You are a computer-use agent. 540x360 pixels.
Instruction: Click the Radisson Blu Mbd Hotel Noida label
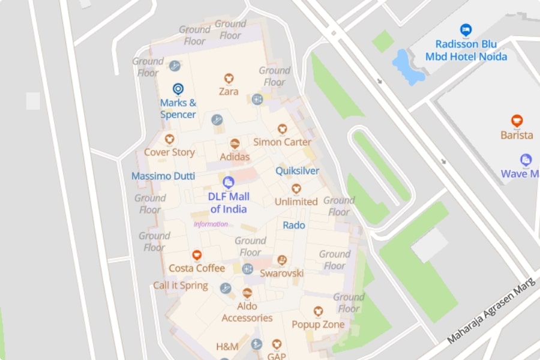coord(466,50)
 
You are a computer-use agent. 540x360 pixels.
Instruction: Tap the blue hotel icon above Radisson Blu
coord(465,29)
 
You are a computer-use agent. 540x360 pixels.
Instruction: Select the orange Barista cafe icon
coord(517,121)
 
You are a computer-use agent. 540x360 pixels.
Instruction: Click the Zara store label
coord(228,92)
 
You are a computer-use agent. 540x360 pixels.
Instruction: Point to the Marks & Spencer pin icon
coord(178,89)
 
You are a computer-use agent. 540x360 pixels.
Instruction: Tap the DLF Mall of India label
coord(229,202)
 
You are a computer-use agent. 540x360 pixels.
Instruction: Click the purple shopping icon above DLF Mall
coord(228,182)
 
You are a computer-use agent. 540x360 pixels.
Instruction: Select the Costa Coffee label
coord(197,268)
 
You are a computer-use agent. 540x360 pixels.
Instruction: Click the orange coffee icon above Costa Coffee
coord(197,255)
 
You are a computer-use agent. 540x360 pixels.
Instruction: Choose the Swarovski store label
coord(281,273)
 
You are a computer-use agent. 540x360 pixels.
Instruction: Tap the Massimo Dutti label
coord(163,176)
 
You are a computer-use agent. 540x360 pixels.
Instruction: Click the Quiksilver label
coord(297,171)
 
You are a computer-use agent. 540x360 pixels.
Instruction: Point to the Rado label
coord(294,226)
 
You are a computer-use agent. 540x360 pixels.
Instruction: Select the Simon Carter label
coord(282,142)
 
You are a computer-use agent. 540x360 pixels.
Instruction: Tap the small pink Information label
coord(211,224)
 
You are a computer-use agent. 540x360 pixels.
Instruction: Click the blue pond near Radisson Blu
coord(407,66)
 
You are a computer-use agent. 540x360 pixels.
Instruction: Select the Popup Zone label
coord(318,325)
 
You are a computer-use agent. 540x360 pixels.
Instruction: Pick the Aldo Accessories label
coord(247,312)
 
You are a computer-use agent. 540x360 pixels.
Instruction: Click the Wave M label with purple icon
coord(520,173)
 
